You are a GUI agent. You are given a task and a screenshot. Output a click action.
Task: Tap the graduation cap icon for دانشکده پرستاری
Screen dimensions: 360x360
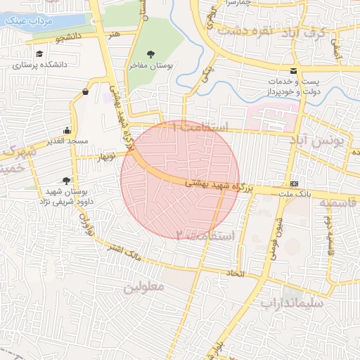pos(39,54)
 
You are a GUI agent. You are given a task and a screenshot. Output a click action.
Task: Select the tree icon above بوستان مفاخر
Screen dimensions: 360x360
pos(151,54)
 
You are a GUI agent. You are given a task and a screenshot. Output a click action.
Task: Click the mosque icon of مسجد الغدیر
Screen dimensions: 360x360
pos(67,130)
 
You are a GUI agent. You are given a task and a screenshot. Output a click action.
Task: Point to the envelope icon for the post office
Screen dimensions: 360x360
pos(293,71)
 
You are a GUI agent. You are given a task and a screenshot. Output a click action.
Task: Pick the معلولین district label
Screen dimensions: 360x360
pos(143,288)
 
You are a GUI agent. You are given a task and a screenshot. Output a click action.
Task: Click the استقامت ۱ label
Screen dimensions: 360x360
pos(204,127)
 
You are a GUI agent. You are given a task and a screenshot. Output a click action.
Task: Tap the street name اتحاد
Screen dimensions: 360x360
pos(233,273)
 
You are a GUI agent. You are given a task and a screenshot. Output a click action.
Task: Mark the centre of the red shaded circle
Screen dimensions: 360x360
pos(180,180)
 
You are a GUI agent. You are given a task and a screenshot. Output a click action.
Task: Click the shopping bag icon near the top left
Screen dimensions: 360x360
pos(86,91)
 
